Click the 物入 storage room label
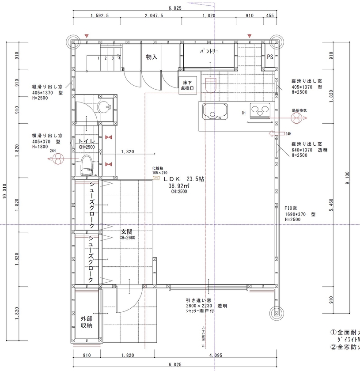pyautogui.click(x=152, y=57)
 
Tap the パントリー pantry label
pyautogui.click(x=209, y=52)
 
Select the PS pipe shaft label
pyautogui.click(x=270, y=57)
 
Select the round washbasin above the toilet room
pyautogui.click(x=104, y=107)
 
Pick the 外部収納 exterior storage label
pyautogui.click(x=86, y=322)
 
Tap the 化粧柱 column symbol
pyautogui.click(x=156, y=178)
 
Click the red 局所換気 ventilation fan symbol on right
pyautogui.click(x=298, y=117)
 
